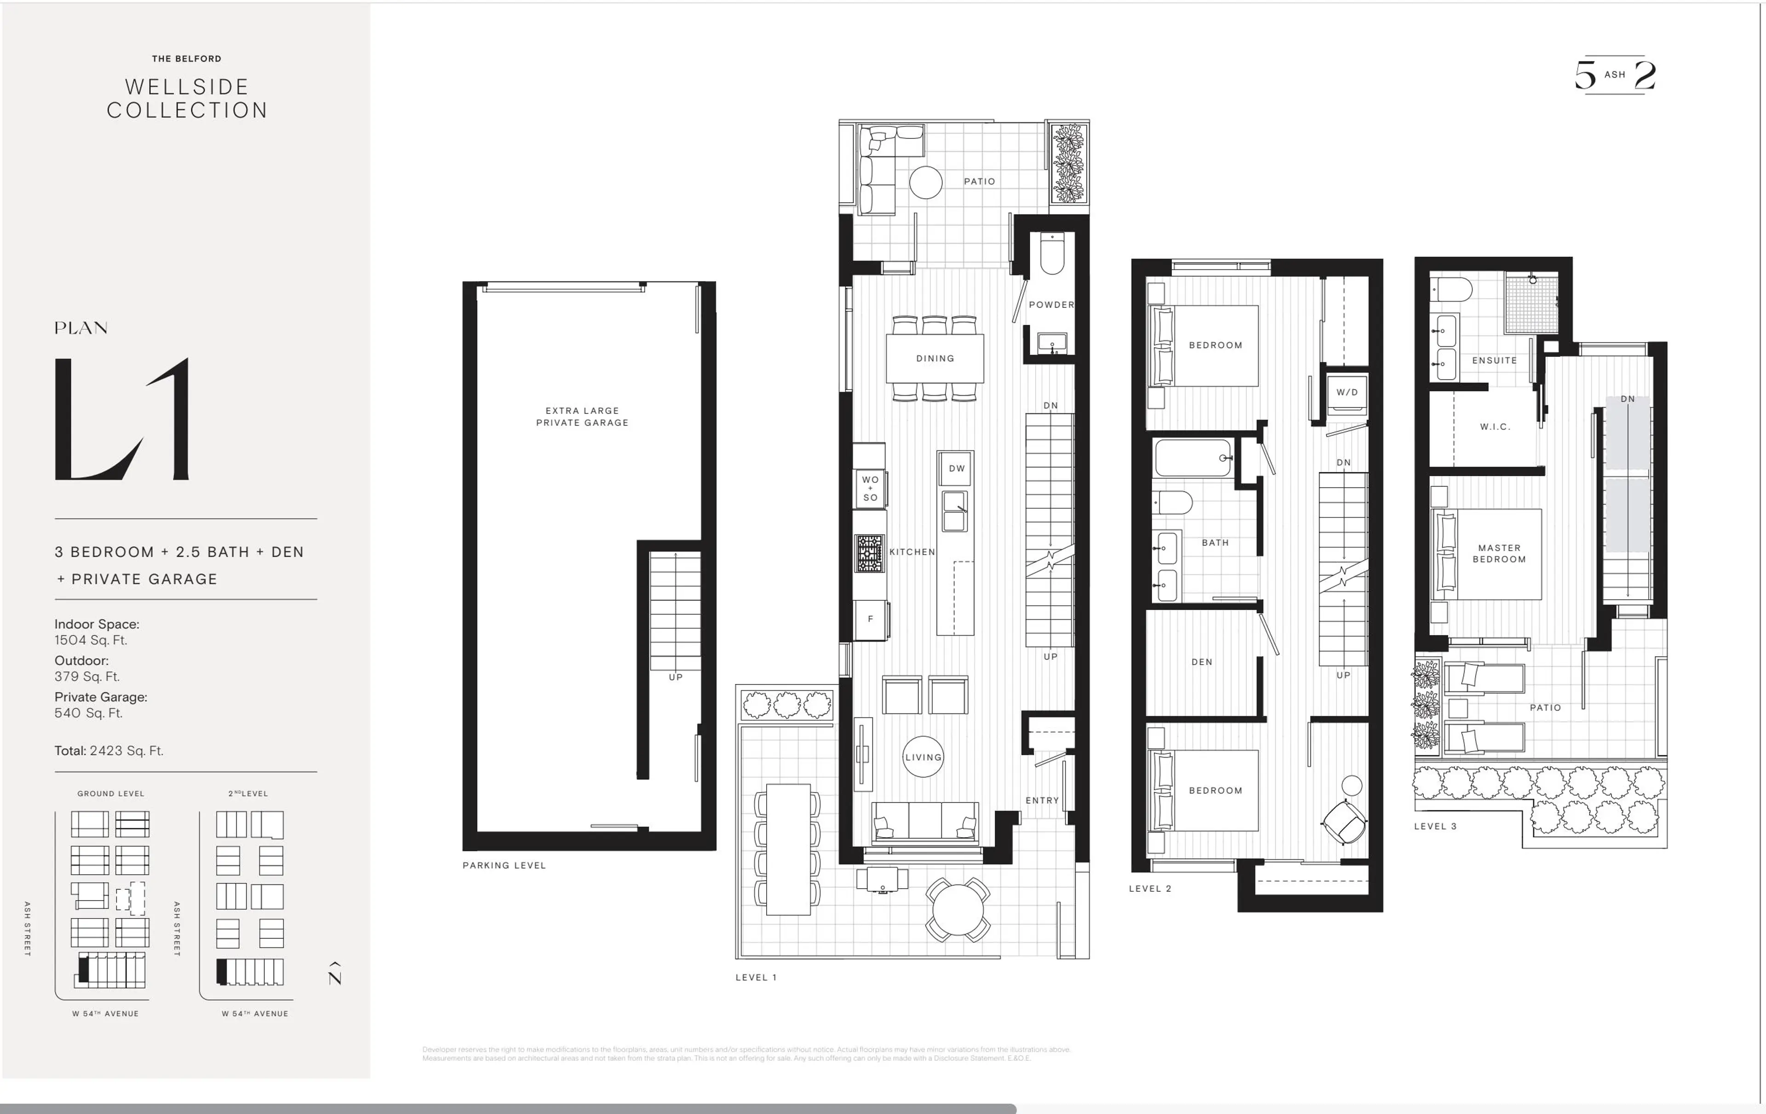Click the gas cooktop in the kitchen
870,553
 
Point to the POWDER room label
1051,304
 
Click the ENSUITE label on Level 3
1494,360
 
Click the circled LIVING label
923,757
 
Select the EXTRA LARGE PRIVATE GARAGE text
582,417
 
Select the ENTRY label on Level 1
1041,800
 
